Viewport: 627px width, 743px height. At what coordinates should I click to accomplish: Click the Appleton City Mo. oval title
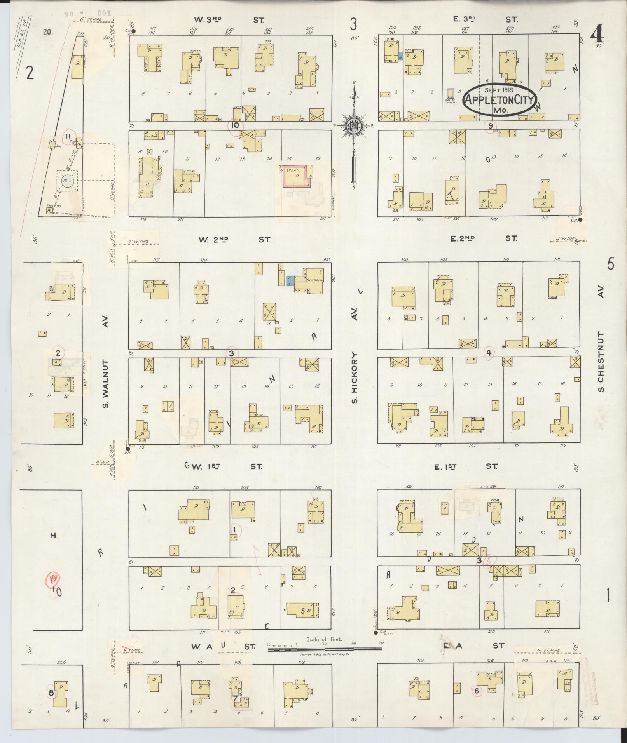coord(499,100)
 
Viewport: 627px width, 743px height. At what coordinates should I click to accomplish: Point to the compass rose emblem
coord(355,126)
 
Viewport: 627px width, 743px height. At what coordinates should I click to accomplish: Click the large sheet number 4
coord(597,36)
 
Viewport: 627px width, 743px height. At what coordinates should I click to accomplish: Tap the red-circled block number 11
coord(68,136)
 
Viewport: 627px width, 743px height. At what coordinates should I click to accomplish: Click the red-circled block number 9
coord(491,125)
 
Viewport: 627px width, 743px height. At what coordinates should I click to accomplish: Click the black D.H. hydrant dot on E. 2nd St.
coord(580,219)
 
